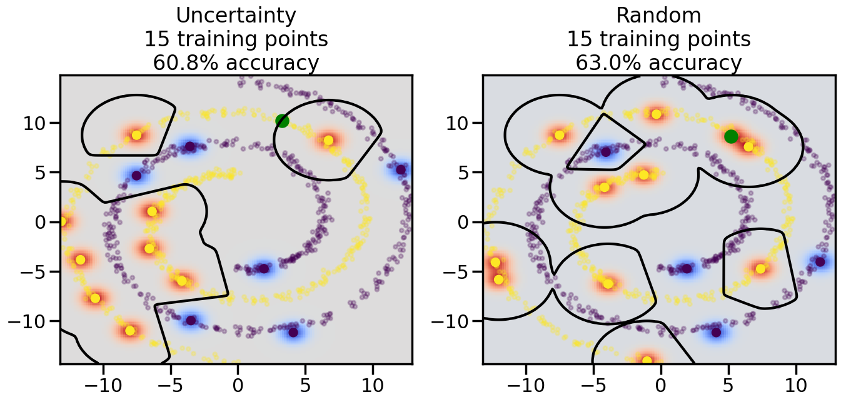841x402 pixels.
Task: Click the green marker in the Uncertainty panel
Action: pos(282,121)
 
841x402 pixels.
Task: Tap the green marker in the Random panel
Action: pos(731,136)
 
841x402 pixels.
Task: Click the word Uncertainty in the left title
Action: pos(236,16)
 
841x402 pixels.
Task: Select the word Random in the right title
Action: pos(658,16)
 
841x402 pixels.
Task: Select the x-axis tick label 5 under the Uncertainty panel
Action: pos(305,383)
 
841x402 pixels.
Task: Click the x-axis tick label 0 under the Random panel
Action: pos(660,383)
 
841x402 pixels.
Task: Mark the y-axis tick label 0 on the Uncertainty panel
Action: pos(45,222)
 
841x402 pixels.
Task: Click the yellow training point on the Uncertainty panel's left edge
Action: pos(62,221)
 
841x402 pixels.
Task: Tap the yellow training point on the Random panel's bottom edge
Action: pos(647,361)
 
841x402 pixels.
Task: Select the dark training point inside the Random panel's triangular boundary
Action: pos(605,151)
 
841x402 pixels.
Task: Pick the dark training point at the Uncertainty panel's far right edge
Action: pos(401,169)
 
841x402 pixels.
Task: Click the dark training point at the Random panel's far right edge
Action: pos(820,261)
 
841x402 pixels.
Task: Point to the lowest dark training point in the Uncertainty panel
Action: pos(293,332)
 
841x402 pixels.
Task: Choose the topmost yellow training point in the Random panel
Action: pos(657,114)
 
